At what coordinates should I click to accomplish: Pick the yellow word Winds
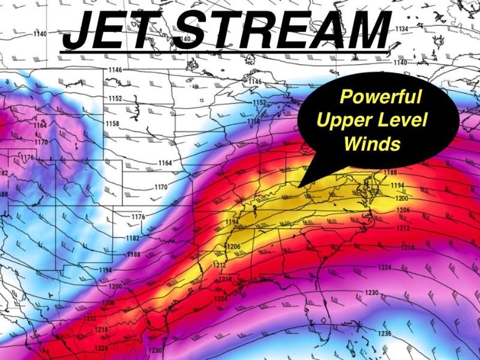pyautogui.click(x=372, y=143)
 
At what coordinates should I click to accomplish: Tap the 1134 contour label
pyautogui.click(x=401, y=29)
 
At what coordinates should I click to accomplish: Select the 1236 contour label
pyautogui.click(x=385, y=334)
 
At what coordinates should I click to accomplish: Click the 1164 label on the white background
pyautogui.click(x=165, y=163)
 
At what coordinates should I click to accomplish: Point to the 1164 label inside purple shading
pyautogui.click(x=40, y=125)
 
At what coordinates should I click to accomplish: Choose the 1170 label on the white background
pyautogui.click(x=161, y=187)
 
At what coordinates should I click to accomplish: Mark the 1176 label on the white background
pyautogui.click(x=139, y=217)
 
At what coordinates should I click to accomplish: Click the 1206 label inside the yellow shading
pyautogui.click(x=233, y=247)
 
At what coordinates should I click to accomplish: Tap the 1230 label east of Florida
pyautogui.click(x=371, y=292)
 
